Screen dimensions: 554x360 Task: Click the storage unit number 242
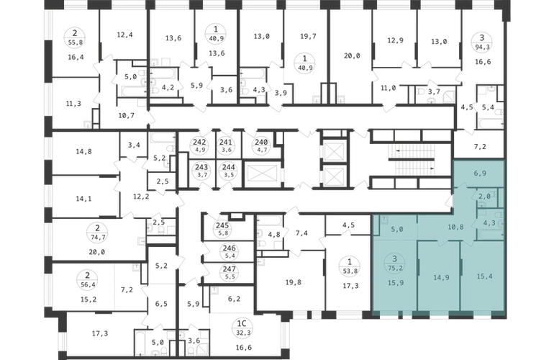coord(199,142)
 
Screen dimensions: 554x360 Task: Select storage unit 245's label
coord(222,225)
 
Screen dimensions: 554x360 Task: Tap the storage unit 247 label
coord(230,269)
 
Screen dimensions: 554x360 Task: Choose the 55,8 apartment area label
coord(75,42)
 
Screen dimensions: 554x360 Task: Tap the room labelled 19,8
coord(294,282)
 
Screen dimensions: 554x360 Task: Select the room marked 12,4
coord(124,35)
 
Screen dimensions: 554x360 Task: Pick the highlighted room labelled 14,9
coord(441,278)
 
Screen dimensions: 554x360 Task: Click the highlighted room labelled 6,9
coord(479,174)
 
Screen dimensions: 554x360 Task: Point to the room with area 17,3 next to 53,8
coord(350,285)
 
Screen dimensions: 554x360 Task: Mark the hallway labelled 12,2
coord(140,197)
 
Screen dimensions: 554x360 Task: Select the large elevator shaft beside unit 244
coord(263,174)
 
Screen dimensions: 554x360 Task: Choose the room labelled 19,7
coord(308,36)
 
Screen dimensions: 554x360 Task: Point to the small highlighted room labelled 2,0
coord(484,197)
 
